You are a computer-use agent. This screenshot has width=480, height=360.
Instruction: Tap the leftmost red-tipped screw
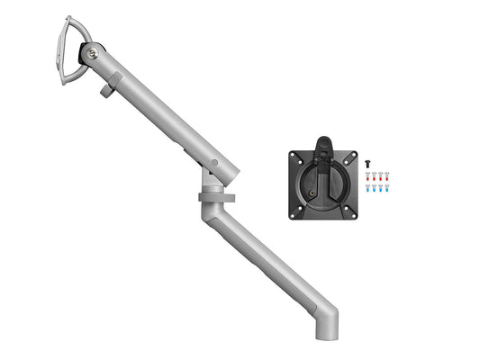point(368,175)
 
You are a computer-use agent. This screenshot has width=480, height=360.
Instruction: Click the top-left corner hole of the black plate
point(295,157)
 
